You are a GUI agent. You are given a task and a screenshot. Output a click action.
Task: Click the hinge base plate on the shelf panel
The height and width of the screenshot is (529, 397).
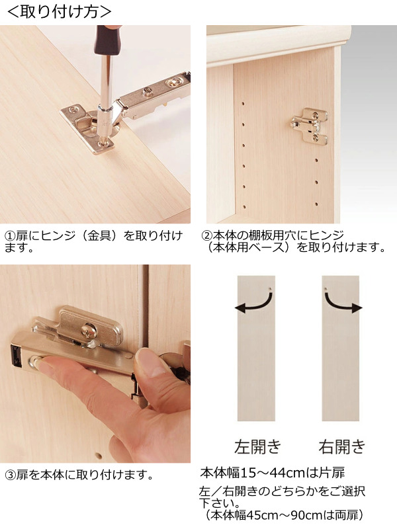309,126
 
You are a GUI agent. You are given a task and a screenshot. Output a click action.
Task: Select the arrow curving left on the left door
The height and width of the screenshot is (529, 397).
255,304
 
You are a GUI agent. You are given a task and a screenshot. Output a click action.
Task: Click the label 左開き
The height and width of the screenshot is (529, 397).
257,446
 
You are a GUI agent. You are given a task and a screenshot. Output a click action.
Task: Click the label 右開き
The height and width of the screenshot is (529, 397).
341,446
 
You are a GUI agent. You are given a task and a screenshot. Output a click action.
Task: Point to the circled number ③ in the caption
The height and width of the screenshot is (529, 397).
10,475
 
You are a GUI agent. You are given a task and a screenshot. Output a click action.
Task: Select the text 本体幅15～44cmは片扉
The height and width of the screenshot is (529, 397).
271,473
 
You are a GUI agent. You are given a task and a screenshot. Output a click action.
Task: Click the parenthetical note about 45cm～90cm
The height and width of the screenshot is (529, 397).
285,514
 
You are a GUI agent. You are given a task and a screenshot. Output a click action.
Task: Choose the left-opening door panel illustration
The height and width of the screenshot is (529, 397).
255,347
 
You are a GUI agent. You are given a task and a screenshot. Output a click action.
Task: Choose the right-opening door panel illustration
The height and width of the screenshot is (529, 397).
341,347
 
